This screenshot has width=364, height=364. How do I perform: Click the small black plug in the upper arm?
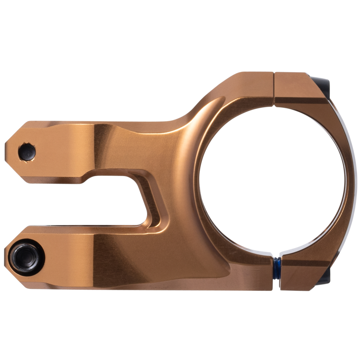point(27,152)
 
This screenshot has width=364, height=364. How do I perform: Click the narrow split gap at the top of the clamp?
point(274,89)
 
